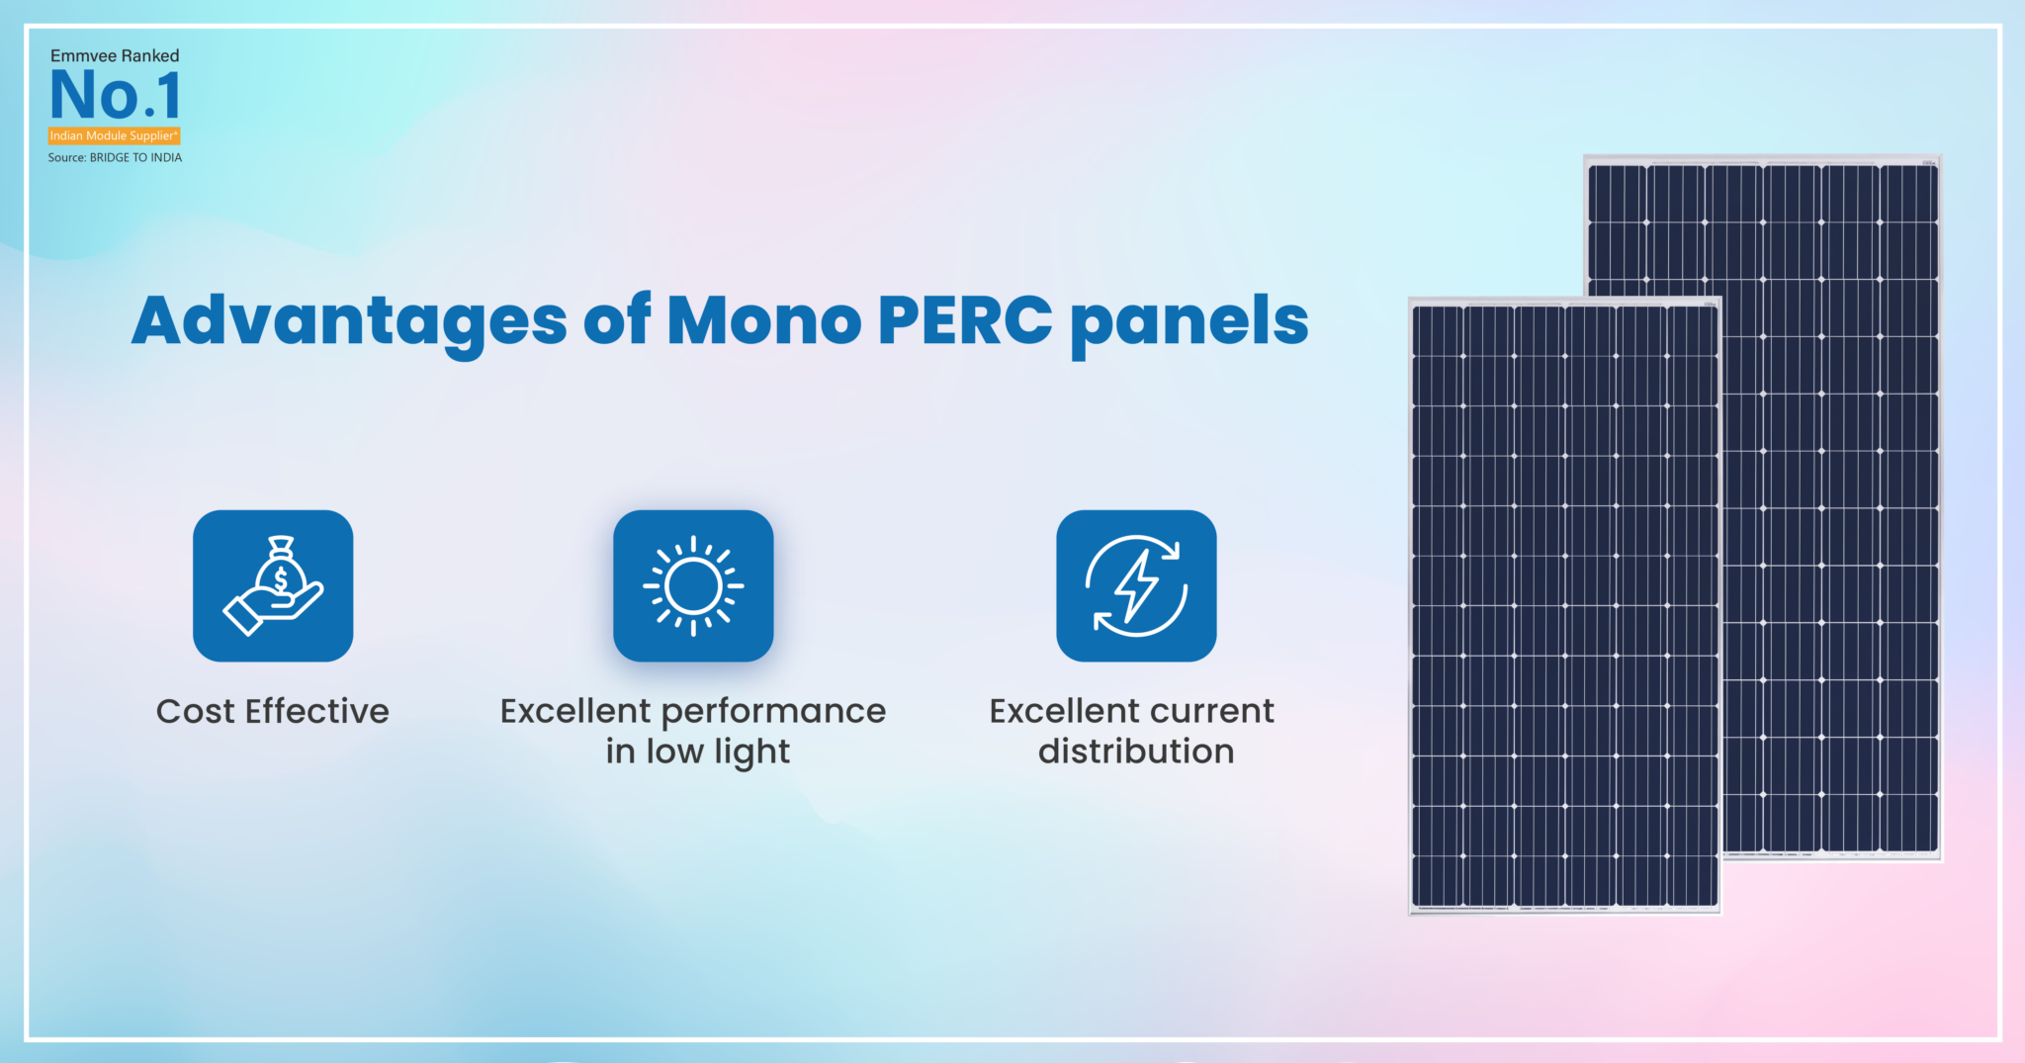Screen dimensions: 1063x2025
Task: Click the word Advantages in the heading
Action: pyautogui.click(x=348, y=321)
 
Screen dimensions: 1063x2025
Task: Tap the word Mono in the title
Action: pyautogui.click(x=764, y=321)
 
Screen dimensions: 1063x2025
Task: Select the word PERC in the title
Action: pyautogui.click(x=964, y=321)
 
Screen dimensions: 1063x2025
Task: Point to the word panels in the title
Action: pyautogui.click(x=1189, y=321)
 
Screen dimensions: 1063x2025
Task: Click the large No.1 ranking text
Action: pyautogui.click(x=116, y=96)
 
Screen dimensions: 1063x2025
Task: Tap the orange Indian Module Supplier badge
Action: pyautogui.click(x=115, y=135)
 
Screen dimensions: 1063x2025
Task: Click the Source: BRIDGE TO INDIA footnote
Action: pyautogui.click(x=115, y=158)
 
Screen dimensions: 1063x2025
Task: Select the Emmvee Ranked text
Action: pyautogui.click(x=115, y=56)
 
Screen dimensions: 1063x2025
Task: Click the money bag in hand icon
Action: pyautogui.click(x=273, y=585)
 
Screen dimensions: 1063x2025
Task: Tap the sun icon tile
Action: pyautogui.click(x=693, y=585)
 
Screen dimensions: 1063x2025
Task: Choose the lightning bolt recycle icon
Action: pyautogui.click(x=1136, y=585)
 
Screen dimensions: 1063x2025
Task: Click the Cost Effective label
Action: pyautogui.click(x=273, y=711)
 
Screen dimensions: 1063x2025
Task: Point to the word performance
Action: pyautogui.click(x=773, y=712)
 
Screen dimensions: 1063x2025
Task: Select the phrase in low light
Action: pyautogui.click(x=698, y=752)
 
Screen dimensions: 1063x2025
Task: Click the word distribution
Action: pyautogui.click(x=1136, y=752)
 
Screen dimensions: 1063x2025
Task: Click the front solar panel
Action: pyautogui.click(x=1564, y=605)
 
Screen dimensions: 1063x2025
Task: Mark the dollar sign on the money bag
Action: pyautogui.click(x=281, y=579)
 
